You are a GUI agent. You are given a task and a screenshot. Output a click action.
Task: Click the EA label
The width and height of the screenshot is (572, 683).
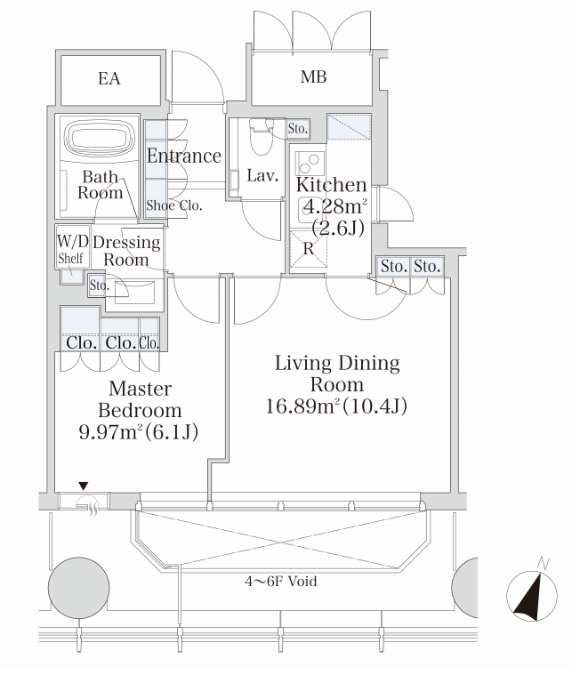pyautogui.click(x=109, y=79)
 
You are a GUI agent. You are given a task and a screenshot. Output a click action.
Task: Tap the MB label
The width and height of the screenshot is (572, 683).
pyautogui.click(x=313, y=76)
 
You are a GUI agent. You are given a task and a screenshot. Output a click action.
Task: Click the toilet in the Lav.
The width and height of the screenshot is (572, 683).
pyautogui.click(x=260, y=136)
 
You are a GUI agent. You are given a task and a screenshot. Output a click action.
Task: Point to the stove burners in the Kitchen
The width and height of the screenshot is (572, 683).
pyautogui.click(x=310, y=164)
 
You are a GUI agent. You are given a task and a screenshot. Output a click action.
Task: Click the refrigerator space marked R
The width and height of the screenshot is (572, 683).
pyautogui.click(x=309, y=248)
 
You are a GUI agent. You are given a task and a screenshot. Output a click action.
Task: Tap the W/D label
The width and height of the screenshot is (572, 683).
pyautogui.click(x=73, y=241)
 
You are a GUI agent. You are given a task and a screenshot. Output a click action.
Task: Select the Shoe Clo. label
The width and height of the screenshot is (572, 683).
pyautogui.click(x=174, y=205)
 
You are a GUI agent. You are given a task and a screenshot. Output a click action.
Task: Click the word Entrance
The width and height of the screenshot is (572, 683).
pyautogui.click(x=184, y=156)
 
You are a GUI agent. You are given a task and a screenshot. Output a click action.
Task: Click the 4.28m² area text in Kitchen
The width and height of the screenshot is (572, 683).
pyautogui.click(x=335, y=206)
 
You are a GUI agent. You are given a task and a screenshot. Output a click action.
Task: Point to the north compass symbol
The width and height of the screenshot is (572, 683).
pyautogui.click(x=531, y=594)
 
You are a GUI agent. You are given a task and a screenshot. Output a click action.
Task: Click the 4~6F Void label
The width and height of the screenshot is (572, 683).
pyautogui.click(x=280, y=581)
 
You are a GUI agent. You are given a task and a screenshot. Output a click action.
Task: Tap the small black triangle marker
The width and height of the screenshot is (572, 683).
pyautogui.click(x=84, y=486)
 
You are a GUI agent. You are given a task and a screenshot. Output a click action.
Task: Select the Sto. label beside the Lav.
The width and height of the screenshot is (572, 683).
pyautogui.click(x=297, y=129)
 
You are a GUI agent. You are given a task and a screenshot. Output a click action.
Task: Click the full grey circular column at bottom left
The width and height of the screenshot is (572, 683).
pyautogui.click(x=79, y=587)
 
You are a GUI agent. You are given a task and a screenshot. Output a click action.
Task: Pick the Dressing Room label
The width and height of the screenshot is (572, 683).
pyautogui.click(x=126, y=251)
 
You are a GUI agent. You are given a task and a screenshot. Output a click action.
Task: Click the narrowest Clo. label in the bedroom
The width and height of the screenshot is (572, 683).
pyautogui.click(x=149, y=343)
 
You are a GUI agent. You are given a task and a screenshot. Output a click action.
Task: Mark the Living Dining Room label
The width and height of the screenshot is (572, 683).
pyautogui.click(x=337, y=374)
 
